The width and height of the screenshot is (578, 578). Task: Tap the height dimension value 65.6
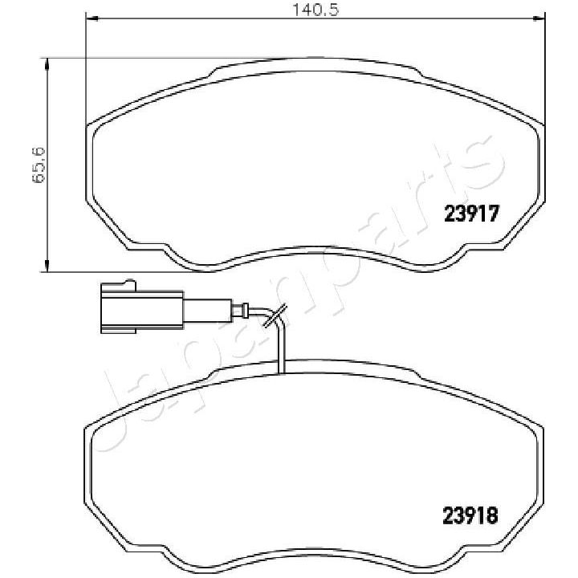[x=38, y=165]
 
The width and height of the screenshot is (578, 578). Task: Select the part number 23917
[x=474, y=214]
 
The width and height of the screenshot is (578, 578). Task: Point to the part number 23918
[x=472, y=514]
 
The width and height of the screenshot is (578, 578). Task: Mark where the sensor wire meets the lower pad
[x=281, y=372]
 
